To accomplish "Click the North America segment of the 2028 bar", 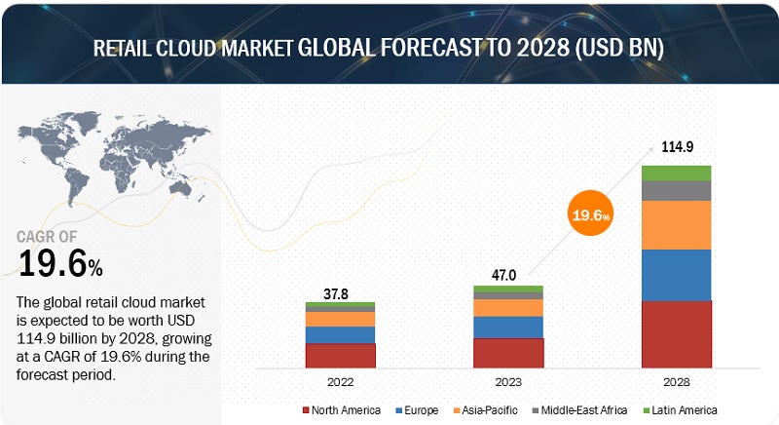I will click(x=677, y=334).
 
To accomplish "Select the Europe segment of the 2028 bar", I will click(x=677, y=275).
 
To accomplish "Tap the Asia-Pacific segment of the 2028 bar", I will click(x=677, y=225).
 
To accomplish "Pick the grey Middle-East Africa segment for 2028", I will click(x=677, y=190).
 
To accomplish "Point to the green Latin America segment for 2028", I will click(x=677, y=173).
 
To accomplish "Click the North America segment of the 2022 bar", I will click(x=340, y=356).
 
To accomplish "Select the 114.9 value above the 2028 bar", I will click(x=676, y=147).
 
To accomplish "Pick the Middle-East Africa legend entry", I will click(x=573, y=410).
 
